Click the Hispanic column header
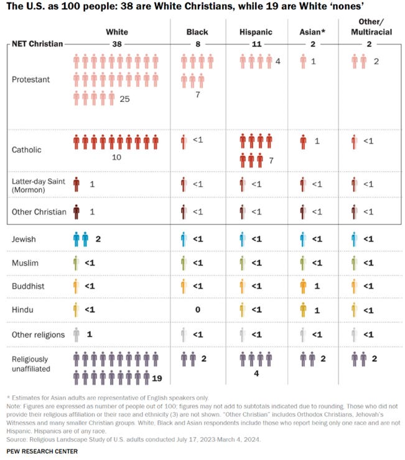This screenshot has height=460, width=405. pos(256,32)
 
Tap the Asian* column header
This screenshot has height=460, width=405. pos(312,32)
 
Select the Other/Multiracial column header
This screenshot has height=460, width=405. pos(371,27)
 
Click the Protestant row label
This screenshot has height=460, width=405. pos(30,80)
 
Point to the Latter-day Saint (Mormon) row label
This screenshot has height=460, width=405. pos(38,185)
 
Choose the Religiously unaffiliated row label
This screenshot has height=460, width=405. pos(31,364)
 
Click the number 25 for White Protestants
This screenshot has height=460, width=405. pos(124,99)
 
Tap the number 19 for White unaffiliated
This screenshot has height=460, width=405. pos(157,379)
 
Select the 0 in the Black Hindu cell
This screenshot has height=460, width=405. pos(198,310)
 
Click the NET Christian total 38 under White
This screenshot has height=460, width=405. pos(117,44)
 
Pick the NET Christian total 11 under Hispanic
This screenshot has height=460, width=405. pos(256,44)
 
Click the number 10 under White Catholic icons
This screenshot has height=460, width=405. pos(116,157)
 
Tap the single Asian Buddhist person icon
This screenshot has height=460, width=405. pos(303,287)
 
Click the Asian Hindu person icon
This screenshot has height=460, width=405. pos(303,310)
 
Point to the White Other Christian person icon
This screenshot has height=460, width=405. pos(77,212)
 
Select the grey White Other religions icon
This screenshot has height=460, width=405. pos(77,334)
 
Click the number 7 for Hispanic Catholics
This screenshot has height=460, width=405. pos(271,161)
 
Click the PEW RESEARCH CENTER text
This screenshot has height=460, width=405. pos(42,451)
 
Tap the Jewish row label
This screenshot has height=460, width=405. pos(24,239)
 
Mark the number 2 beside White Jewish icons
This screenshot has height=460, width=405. pos(98,239)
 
